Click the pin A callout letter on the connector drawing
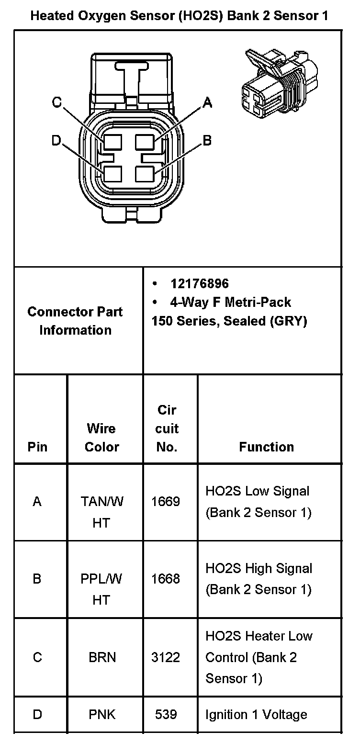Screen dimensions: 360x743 [x=207, y=102]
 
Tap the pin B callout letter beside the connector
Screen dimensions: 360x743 [x=207, y=140]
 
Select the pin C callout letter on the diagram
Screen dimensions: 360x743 [x=57, y=102]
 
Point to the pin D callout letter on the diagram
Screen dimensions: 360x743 [x=56, y=140]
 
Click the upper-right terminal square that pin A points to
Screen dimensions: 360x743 [x=144, y=142]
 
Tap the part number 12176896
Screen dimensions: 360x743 [x=200, y=284]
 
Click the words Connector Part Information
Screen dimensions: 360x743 [x=75, y=321]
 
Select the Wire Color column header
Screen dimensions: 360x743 [x=101, y=438]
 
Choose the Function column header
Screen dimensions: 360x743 [x=266, y=447]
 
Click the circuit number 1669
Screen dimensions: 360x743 [x=166, y=502]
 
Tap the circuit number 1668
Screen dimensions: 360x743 [x=166, y=579]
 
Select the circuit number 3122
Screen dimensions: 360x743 [x=166, y=657]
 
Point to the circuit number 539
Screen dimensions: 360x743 [x=166, y=715]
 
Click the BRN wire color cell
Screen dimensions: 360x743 [x=102, y=657]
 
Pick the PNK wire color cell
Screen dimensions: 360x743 [x=102, y=715]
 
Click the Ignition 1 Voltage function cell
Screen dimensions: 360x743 [x=256, y=715]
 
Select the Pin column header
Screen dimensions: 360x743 [x=37, y=447]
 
